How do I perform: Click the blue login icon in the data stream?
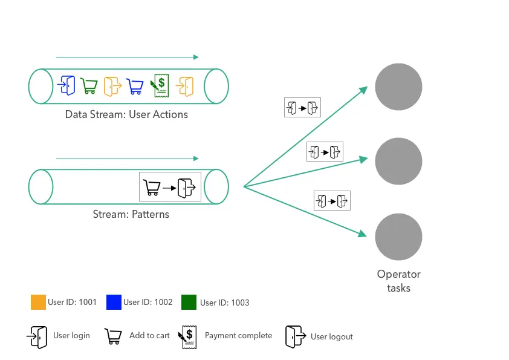pyautogui.click(x=66, y=86)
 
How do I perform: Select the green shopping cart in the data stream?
pyautogui.click(x=89, y=87)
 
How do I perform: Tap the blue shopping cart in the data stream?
pyautogui.click(x=135, y=87)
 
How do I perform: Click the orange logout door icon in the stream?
pyautogui.click(x=112, y=86)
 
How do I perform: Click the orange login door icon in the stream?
pyautogui.click(x=185, y=87)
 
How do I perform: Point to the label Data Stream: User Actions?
pyautogui.click(x=126, y=114)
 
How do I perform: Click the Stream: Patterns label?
pyautogui.click(x=131, y=214)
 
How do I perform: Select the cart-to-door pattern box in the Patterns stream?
pyautogui.click(x=170, y=187)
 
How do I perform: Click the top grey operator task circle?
pyautogui.click(x=398, y=87)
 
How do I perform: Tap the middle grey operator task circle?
pyautogui.click(x=398, y=161)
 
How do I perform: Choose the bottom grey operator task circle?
pyautogui.click(x=398, y=237)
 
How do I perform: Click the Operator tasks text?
pyautogui.click(x=398, y=281)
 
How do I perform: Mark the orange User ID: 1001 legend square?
pyautogui.click(x=38, y=302)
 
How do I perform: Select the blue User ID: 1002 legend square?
pyautogui.click(x=114, y=302)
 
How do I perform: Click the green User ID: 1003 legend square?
pyautogui.click(x=189, y=302)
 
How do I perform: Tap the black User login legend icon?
pyautogui.click(x=37, y=336)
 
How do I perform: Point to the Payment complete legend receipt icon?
pyautogui.click(x=187, y=336)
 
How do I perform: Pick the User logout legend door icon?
pyautogui.click(x=295, y=336)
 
